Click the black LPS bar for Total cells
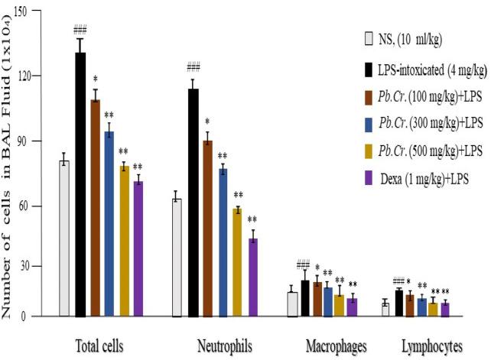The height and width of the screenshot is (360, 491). click(80, 183)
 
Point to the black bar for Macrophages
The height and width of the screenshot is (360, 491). click(306, 297)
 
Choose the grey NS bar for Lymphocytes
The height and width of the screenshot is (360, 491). click(385, 309)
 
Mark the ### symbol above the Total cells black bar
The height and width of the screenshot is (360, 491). click(80, 31)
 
